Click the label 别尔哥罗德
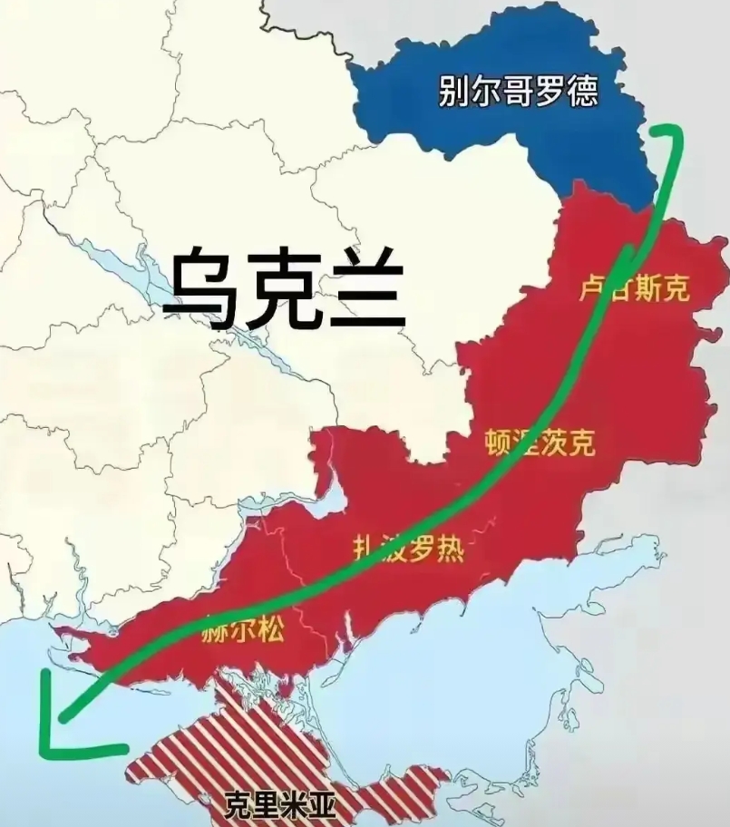(x=518, y=92)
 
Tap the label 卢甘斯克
(x=634, y=288)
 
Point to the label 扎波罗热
(x=408, y=547)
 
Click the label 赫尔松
(x=239, y=634)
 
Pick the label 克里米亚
(x=279, y=803)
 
